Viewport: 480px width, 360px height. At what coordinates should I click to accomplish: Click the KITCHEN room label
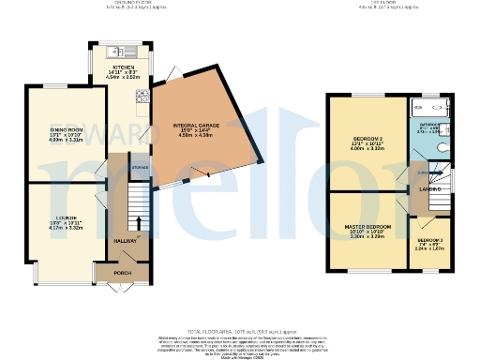(124, 68)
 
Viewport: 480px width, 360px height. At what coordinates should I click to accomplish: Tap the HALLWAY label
(125, 240)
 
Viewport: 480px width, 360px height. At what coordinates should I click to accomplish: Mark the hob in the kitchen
(142, 95)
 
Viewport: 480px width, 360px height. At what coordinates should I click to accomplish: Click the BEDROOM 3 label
(429, 240)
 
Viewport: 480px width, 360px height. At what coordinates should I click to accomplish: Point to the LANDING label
(430, 189)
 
